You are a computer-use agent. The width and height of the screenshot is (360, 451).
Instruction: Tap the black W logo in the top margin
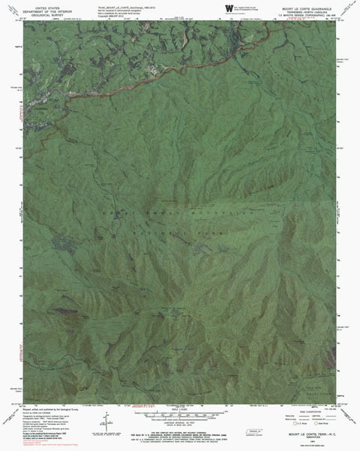228,7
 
